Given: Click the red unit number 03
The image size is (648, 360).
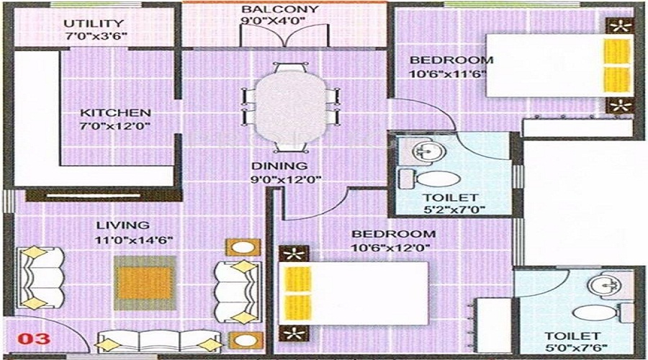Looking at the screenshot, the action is pos(34,339).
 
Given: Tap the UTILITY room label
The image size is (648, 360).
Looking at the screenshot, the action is pos(94,24).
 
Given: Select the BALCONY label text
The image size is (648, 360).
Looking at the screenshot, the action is pos(280,9).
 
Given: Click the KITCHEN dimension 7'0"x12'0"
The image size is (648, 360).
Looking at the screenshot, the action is pos(115,126).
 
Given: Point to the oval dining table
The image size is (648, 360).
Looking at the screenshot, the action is pos(291,107).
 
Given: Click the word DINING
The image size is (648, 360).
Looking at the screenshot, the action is pos(280,166).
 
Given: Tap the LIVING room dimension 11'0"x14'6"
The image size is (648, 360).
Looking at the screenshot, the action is pos(133,240).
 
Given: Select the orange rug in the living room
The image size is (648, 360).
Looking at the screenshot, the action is pos(144,283).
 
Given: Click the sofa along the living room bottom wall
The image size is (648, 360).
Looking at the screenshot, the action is pos(158,341).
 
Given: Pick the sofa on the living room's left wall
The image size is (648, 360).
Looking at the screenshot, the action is pos(40,278).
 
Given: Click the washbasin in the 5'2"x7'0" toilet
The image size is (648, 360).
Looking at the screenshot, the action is pos(428,151).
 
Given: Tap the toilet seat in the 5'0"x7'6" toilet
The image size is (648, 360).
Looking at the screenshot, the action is pos(595,313).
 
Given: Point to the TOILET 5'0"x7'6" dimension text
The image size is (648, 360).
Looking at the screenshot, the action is pos(576,348).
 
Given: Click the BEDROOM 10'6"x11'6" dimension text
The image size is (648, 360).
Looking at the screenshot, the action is pos(447,74).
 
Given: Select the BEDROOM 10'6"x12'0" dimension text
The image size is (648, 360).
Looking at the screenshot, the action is pos(390,248).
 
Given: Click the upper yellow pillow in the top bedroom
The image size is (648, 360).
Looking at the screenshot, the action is pos(616,52).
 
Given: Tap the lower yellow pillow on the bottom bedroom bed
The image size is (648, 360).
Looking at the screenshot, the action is pos(297,307).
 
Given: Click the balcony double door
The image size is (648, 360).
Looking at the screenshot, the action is pos(284,35).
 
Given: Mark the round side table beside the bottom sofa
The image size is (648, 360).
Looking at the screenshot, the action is pos(244,340).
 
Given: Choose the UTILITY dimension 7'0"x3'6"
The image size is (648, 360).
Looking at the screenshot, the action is pos(96,36).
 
